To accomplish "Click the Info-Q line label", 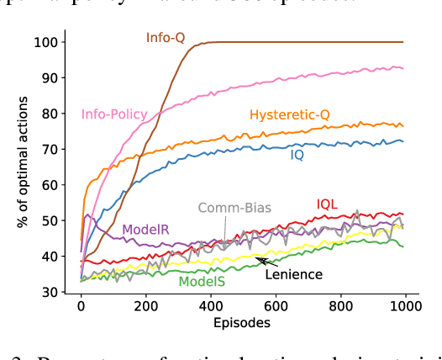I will (165, 37).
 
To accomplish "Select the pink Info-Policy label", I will (114, 114).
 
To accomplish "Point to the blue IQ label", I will (297, 156).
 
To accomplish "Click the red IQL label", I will (328, 204).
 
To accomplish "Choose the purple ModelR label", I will (146, 230).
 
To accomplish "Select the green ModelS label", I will (201, 282).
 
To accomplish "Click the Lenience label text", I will (294, 273).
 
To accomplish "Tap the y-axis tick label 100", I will (47, 42).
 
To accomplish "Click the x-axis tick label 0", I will (82, 307).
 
